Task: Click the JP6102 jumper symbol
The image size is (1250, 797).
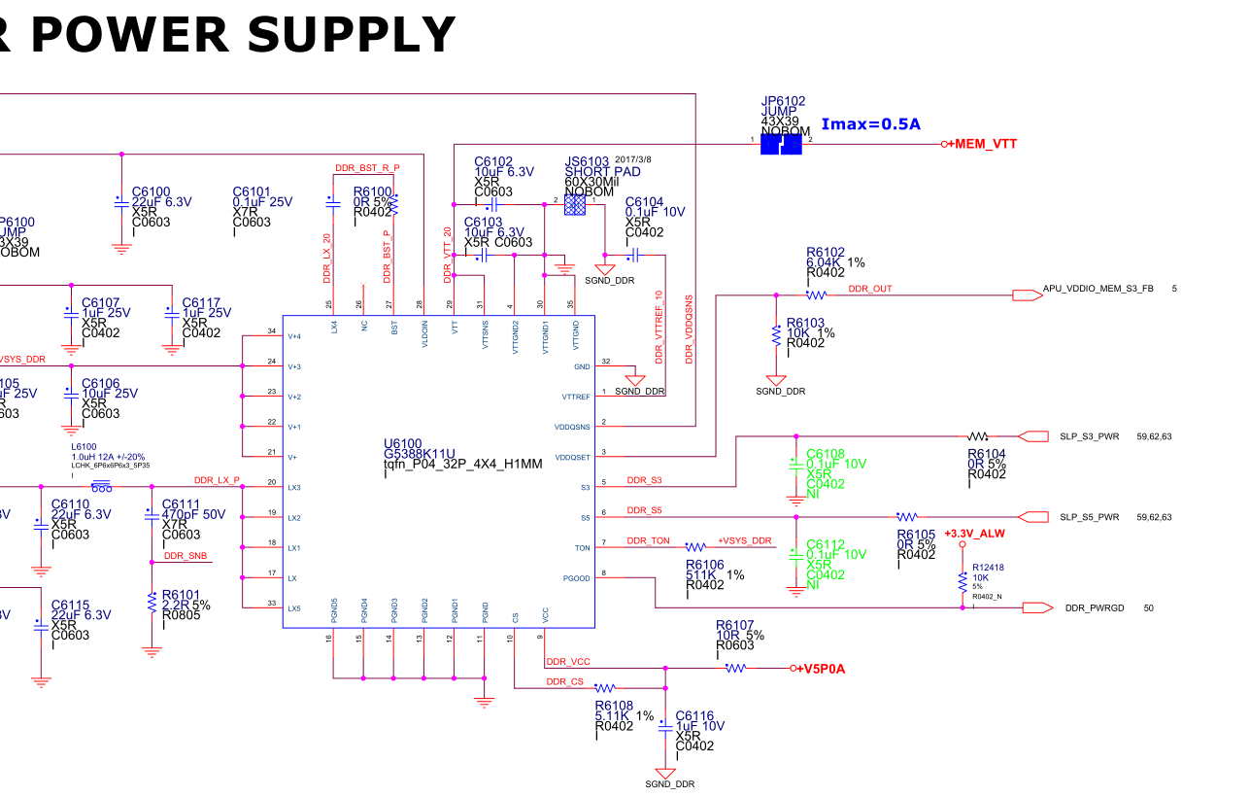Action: [x=781, y=144]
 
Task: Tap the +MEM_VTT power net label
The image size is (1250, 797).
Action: [x=983, y=144]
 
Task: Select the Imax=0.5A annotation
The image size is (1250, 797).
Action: [x=870, y=124]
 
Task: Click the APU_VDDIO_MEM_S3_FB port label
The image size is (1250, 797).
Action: [x=1098, y=289]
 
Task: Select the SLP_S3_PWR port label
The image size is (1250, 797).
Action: [x=1089, y=436]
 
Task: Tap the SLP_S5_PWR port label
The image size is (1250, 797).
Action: [x=1089, y=517]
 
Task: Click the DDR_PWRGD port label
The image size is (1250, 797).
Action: [x=1095, y=607]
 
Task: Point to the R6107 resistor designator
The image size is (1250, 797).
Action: [x=735, y=625]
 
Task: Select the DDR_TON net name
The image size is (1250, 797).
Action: [x=648, y=540]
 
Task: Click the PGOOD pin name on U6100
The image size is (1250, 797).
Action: [x=576, y=578]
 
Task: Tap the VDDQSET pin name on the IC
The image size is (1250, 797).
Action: [x=572, y=457]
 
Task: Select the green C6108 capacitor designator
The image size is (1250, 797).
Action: [x=826, y=453]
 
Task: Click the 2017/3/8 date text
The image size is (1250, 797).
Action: [x=633, y=159]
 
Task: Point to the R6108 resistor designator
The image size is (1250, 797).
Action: [x=614, y=707]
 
